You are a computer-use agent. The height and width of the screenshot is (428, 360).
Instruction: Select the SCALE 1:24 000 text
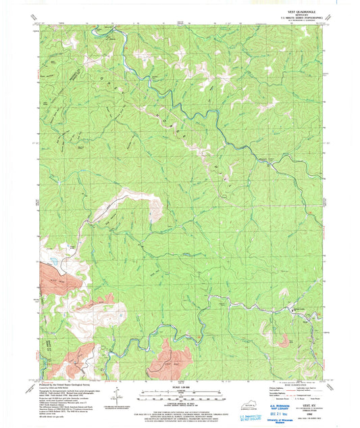coord(180,386)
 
